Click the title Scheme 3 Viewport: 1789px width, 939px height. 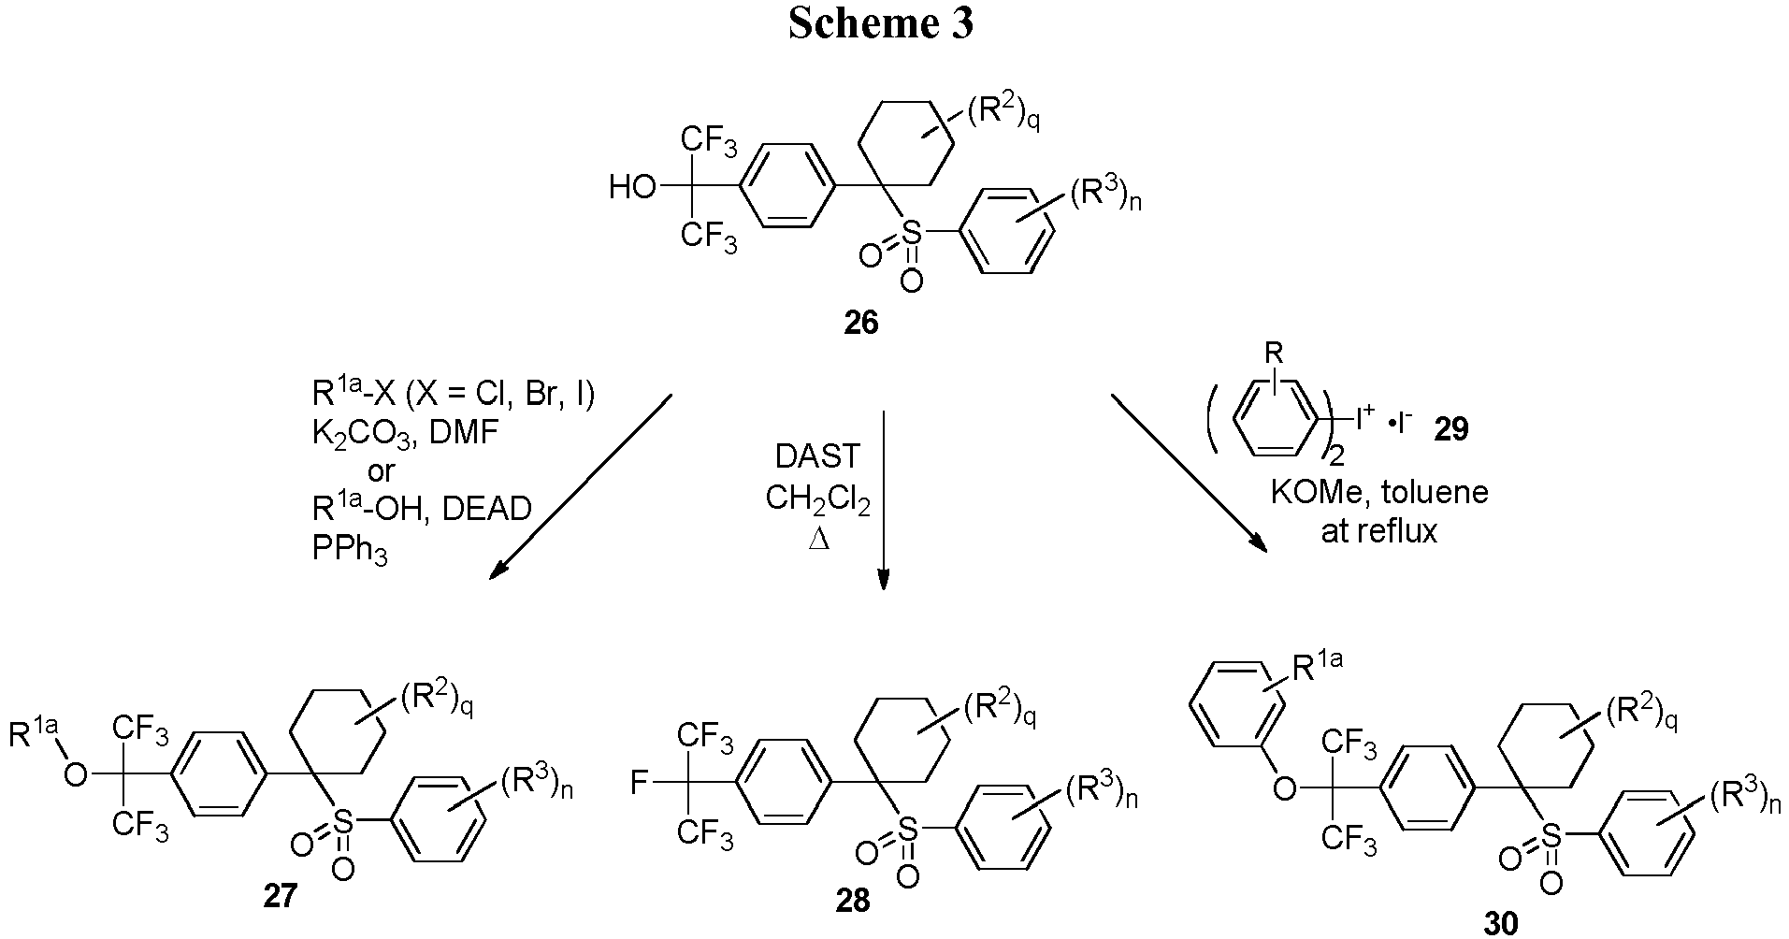[881, 23]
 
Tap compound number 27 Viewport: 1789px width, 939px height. [281, 896]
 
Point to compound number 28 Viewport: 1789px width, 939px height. [852, 901]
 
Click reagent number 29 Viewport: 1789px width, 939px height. [1449, 429]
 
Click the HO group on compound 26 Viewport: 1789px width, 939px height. [632, 188]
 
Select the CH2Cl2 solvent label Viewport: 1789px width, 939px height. [817, 499]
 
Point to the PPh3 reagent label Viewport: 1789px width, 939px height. [350, 551]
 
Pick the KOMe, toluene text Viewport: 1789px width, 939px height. [1378, 492]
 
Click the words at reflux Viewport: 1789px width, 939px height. [1378, 532]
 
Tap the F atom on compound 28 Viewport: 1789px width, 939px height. [640, 782]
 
